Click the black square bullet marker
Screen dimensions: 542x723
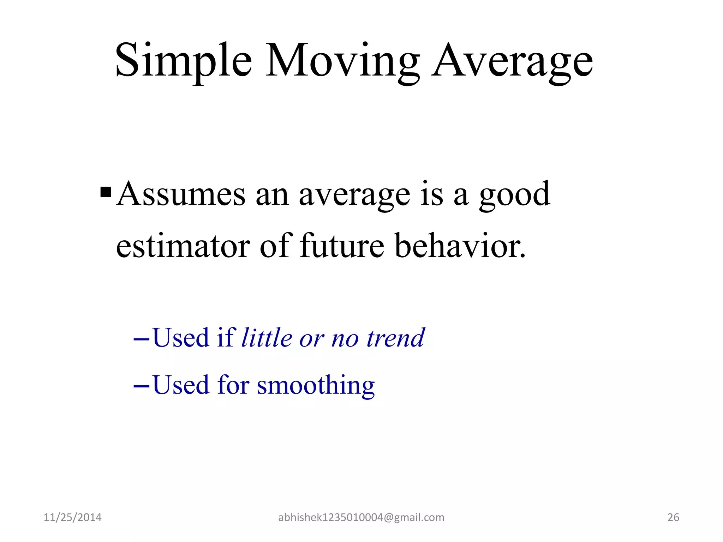click(106, 192)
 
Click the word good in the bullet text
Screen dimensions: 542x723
click(514, 195)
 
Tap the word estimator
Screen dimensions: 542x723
click(183, 246)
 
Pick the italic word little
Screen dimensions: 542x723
click(267, 338)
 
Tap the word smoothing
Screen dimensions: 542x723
click(316, 385)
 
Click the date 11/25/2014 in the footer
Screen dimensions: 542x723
click(72, 517)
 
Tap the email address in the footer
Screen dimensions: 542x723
click(361, 517)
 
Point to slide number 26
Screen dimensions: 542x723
click(673, 517)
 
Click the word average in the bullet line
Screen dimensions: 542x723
click(354, 195)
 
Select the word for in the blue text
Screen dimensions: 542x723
click(233, 385)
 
